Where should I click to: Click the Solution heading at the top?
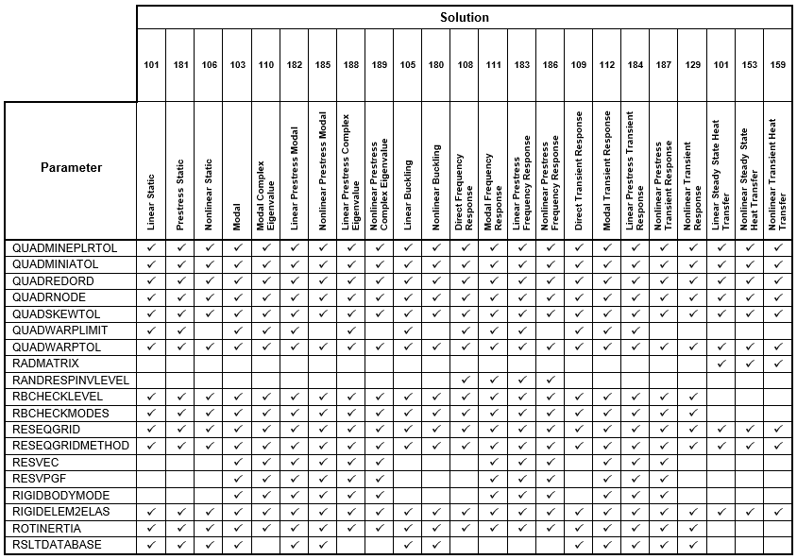point(464,17)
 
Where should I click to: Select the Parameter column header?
point(71,168)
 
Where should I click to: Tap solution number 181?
point(180,64)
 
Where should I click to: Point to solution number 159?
point(777,64)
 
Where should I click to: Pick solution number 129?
point(692,64)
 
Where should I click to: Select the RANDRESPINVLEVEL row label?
point(71,380)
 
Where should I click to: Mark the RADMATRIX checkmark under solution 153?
point(749,363)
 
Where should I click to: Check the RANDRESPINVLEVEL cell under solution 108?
point(465,380)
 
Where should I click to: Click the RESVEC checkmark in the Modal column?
point(237,462)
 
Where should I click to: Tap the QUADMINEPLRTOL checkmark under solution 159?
point(777,247)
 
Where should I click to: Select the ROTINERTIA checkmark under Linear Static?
point(151,528)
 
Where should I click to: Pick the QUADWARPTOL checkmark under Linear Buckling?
point(407,347)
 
